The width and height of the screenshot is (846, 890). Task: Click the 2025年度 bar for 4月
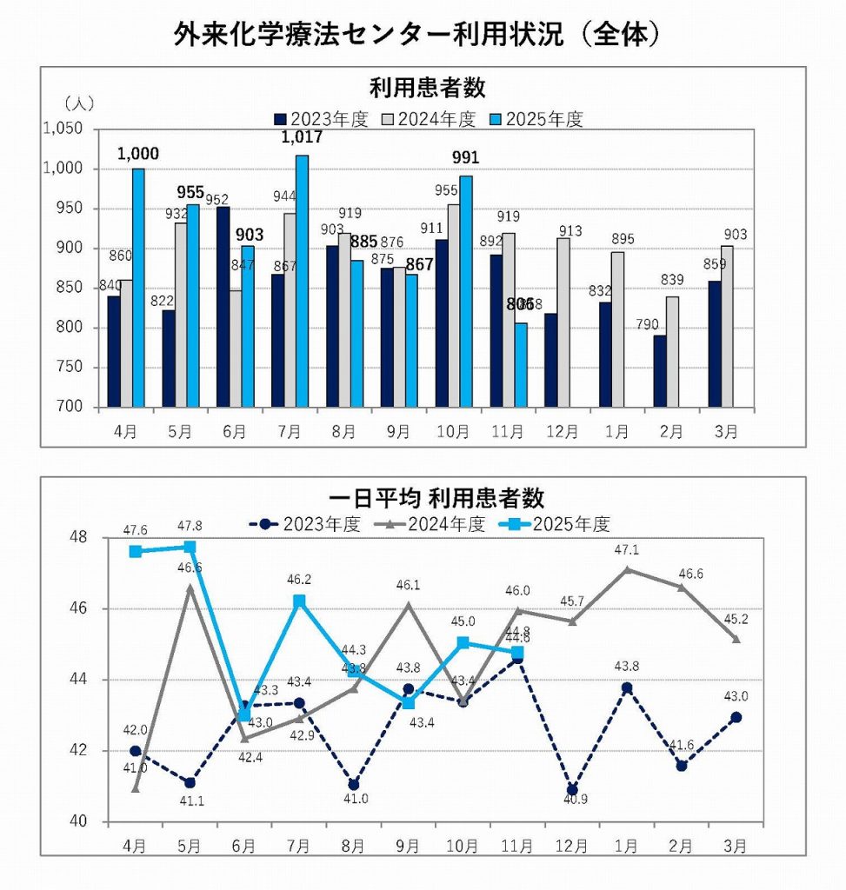[138, 288]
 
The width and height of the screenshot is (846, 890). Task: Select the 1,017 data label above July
[302, 137]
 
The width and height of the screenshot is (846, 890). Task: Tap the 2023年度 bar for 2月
[660, 371]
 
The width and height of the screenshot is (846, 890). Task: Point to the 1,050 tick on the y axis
[63, 129]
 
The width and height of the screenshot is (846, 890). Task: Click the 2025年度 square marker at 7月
[299, 601]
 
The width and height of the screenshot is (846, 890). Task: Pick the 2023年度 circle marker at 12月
[571, 790]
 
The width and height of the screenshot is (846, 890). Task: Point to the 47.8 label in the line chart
[190, 526]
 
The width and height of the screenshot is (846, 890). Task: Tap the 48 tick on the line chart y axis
[81, 537]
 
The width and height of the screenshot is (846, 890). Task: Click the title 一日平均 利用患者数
[436, 498]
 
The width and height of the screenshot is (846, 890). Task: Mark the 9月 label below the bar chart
[399, 430]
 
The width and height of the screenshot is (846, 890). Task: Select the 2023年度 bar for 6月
[223, 307]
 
